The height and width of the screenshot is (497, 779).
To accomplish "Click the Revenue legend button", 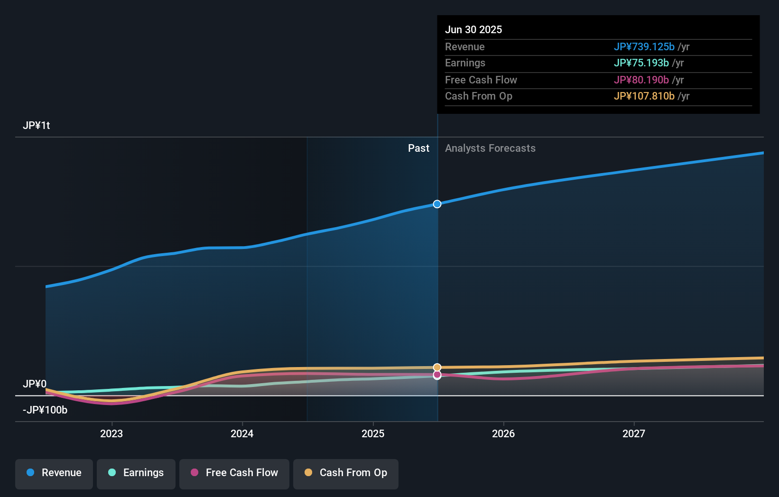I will click(54, 473).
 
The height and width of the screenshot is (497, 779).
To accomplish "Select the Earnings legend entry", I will click(136, 473).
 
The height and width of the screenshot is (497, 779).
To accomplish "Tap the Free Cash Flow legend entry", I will click(234, 473).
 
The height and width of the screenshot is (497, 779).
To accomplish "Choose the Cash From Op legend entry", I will click(346, 473).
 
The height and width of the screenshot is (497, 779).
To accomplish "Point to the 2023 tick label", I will click(111, 433).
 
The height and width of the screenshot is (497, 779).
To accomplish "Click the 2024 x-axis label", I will click(242, 433).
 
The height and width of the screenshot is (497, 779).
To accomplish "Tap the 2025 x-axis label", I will click(373, 433).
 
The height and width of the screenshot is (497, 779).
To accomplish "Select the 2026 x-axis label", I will click(503, 433).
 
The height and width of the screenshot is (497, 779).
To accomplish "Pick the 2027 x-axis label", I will click(634, 433).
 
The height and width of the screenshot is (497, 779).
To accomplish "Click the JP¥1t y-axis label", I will click(37, 126).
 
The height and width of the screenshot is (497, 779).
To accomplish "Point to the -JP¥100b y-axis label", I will click(45, 410).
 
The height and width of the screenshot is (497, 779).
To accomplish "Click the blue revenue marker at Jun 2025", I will click(437, 204).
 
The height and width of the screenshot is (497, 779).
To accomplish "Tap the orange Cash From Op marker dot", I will click(437, 368).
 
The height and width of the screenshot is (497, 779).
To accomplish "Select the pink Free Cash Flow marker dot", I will click(437, 375).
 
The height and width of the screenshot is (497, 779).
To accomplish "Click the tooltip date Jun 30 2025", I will click(473, 29).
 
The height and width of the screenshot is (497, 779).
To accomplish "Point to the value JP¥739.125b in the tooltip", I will click(644, 46).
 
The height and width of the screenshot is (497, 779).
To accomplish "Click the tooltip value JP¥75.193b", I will click(641, 63).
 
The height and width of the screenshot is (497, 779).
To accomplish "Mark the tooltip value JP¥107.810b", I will click(644, 96).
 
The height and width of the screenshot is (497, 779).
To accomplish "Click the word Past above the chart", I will click(418, 148).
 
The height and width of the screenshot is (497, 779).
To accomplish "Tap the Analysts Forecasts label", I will click(490, 148).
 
